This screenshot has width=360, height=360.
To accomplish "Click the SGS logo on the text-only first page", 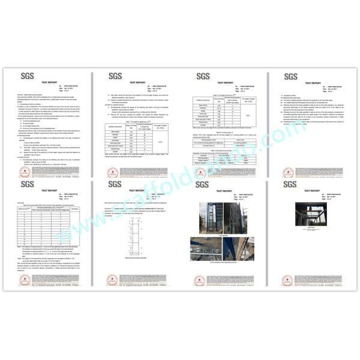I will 26,77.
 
